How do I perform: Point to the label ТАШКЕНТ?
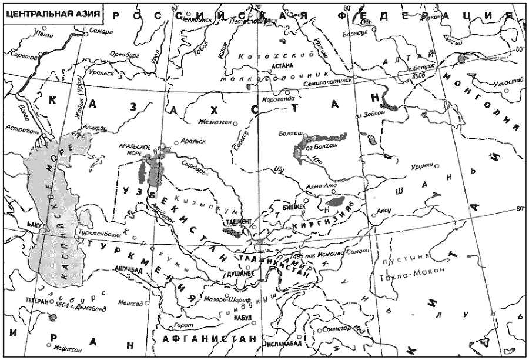[x=239, y=222]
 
